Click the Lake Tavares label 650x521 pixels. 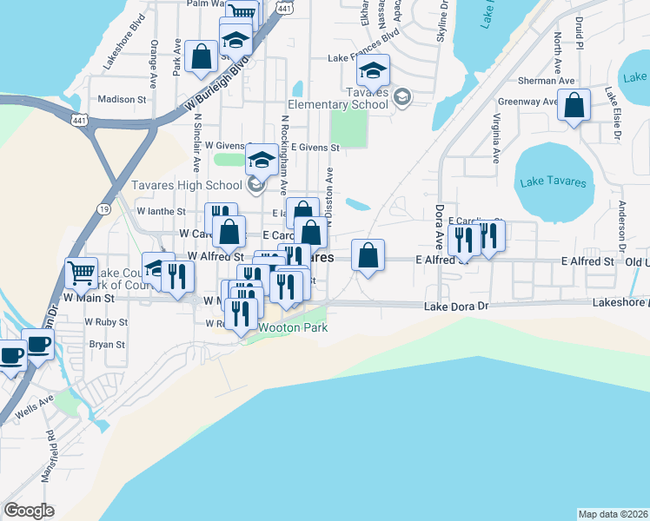coord(553,182)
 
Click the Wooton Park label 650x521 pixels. coord(285,327)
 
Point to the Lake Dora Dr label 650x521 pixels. coord(457,307)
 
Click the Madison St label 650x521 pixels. coord(121,99)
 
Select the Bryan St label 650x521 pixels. coord(108,344)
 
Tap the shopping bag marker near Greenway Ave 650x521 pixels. coord(574,107)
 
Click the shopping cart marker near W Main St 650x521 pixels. coord(81,274)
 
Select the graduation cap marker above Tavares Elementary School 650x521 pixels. coord(374,70)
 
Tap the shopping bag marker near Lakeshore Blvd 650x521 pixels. coord(202,57)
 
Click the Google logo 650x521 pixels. coord(29,511)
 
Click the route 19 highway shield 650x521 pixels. coord(104,209)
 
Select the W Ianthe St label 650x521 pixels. coord(162,211)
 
